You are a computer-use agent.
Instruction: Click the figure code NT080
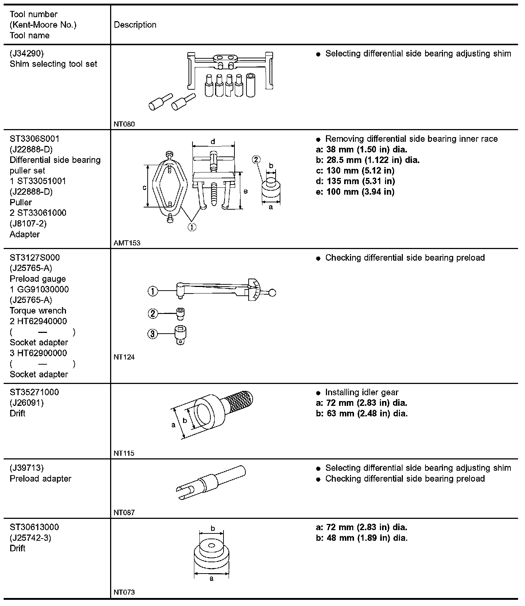(x=124, y=124)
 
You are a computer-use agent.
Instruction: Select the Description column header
(x=135, y=25)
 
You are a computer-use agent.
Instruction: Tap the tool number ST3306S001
(x=35, y=139)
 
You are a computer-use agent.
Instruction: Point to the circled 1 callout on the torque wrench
(x=153, y=291)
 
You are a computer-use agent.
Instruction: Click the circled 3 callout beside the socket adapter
(x=152, y=334)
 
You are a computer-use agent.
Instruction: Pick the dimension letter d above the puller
(x=213, y=141)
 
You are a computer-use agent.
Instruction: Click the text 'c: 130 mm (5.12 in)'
(x=355, y=171)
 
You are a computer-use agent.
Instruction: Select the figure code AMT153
(x=127, y=243)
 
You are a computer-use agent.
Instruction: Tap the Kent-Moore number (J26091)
(x=27, y=403)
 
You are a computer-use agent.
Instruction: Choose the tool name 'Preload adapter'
(x=40, y=479)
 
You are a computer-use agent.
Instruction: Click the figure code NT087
(x=124, y=512)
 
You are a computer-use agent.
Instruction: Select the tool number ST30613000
(x=34, y=527)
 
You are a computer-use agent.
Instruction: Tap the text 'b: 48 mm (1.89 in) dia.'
(x=361, y=538)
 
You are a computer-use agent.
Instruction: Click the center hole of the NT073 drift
(x=212, y=546)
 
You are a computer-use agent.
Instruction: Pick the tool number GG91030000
(x=43, y=290)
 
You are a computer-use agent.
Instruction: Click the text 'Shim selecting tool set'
(x=54, y=64)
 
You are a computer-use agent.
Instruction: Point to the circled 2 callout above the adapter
(x=256, y=159)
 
